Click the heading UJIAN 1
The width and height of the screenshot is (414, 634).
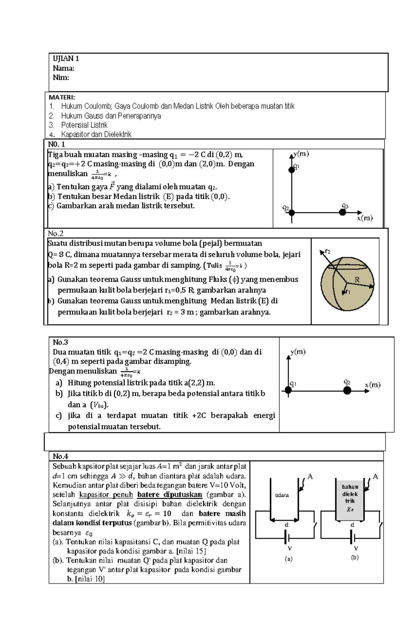pos(66,58)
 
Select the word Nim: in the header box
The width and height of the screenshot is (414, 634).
pos(61,77)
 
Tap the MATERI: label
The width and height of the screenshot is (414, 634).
pos(62,97)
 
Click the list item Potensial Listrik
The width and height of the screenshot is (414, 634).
pos(84,125)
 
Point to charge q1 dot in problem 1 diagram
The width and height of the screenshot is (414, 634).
pos(292,170)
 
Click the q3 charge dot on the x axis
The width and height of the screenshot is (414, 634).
pos(342,212)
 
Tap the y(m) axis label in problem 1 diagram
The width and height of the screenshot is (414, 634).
pos(301,154)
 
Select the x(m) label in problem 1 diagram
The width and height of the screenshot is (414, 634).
pos(365,218)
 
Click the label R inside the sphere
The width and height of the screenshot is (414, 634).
pos(357,280)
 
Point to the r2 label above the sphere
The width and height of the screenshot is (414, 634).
pos(327,252)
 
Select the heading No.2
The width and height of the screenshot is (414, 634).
pos(56,234)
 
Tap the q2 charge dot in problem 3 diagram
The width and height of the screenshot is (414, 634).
pos(347,390)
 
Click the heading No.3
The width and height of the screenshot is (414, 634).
pos(60,342)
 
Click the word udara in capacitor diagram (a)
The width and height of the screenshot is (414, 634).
pos(282,495)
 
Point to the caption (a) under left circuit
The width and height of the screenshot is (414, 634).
pos(288,559)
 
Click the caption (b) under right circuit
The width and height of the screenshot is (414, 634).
pos(355,557)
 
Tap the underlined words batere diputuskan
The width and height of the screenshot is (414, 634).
pos(169,495)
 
